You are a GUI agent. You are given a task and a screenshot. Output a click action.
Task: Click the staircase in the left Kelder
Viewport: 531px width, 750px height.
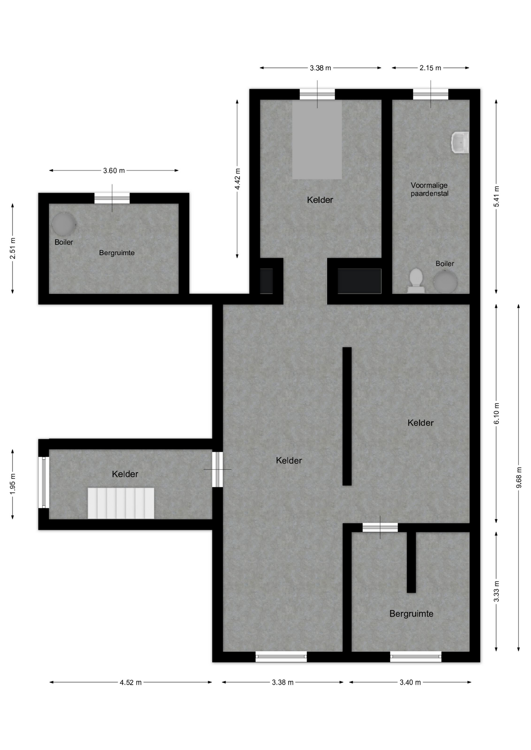pos(121,503)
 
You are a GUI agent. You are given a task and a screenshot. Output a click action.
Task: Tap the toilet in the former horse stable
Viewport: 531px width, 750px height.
pos(416,280)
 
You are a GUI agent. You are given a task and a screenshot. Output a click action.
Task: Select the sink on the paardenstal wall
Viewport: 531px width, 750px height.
pos(460,143)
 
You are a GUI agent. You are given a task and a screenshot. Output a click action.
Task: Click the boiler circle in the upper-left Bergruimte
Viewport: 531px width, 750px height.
pos(63,223)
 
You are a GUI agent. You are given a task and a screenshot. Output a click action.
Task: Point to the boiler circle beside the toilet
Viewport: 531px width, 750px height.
pos(445,282)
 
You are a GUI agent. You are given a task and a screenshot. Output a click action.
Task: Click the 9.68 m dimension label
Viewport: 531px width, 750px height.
pos(519,477)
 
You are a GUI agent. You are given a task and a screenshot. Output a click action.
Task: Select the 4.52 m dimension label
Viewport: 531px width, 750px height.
pos(131,682)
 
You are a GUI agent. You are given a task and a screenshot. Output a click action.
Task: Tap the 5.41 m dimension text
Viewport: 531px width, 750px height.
pos(497,196)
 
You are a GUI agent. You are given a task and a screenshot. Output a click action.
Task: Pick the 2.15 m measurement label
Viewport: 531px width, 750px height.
pos(431,68)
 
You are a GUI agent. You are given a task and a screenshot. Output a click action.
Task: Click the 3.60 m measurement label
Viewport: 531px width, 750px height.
pos(114,171)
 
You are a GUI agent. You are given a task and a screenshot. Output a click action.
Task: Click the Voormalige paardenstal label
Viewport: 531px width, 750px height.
pos(429,189)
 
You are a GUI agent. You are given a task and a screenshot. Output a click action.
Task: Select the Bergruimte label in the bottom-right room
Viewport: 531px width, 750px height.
pos(411,614)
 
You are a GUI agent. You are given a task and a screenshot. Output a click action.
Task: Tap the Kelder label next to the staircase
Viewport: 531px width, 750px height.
pos(125,474)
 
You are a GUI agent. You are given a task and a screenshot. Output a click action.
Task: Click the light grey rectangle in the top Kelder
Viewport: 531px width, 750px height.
pos(317,139)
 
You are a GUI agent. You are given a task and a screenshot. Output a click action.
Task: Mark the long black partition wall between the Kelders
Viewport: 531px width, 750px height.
pos(347,416)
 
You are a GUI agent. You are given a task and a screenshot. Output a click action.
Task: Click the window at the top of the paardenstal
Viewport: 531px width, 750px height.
pos(431,94)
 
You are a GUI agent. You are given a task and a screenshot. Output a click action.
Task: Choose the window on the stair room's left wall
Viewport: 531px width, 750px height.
pos(43,482)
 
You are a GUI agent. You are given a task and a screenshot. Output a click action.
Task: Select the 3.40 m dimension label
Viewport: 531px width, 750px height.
pos(410,682)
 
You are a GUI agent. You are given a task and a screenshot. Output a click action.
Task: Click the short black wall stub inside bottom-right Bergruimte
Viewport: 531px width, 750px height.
pos(411,562)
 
